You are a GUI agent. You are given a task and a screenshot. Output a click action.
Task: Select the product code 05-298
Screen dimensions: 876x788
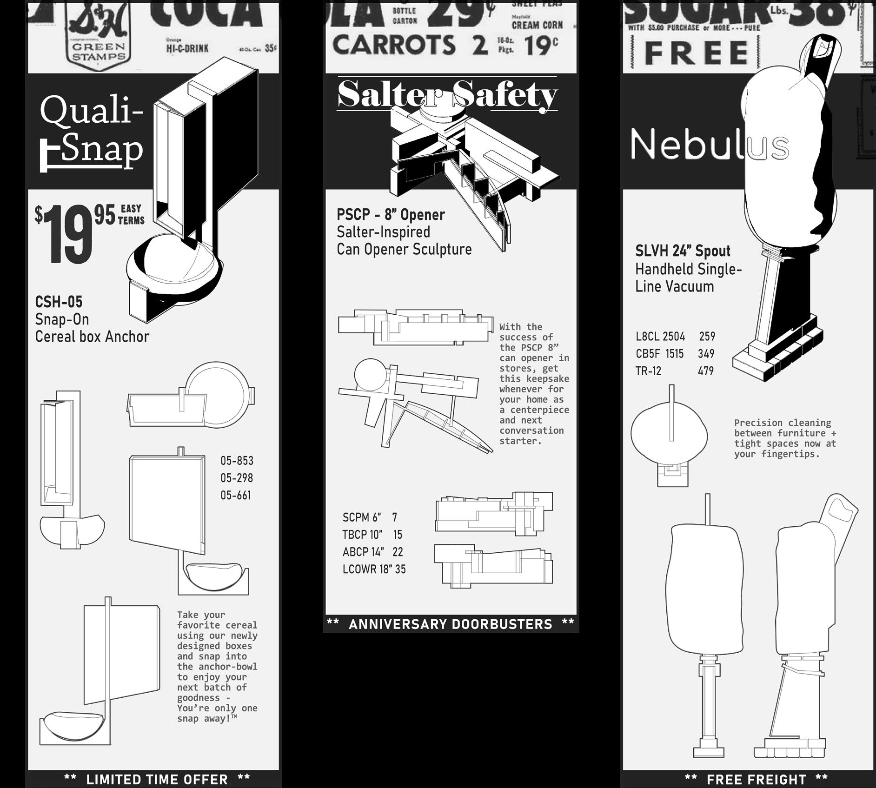(237, 478)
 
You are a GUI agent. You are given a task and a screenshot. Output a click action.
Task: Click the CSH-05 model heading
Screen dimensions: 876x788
(59, 302)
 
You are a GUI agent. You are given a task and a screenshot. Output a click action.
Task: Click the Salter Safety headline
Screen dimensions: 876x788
(446, 94)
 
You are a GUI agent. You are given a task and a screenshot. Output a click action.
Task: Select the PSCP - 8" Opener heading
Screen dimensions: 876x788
(391, 215)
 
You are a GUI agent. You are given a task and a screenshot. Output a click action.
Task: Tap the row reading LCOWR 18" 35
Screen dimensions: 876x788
(374, 569)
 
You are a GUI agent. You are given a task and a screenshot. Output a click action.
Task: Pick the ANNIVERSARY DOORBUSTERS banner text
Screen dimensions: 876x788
(450, 624)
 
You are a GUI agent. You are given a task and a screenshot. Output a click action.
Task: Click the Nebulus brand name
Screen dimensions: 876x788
(709, 144)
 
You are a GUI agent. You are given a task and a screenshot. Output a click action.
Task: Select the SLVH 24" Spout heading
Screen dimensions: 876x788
(683, 251)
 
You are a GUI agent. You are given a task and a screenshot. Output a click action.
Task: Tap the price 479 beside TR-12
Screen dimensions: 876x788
(705, 371)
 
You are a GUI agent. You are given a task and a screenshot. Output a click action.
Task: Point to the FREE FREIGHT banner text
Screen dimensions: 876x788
(757, 779)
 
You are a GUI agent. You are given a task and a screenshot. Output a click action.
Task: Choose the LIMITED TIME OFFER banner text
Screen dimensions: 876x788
(157, 779)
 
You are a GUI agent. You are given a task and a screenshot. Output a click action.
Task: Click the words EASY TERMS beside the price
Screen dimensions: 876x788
(131, 214)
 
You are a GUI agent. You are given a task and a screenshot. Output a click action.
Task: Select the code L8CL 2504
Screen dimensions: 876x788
(660, 336)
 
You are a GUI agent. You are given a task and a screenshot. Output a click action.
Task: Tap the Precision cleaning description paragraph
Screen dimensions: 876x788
(785, 438)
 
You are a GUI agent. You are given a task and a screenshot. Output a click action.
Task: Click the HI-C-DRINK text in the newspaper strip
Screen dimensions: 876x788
(187, 48)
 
